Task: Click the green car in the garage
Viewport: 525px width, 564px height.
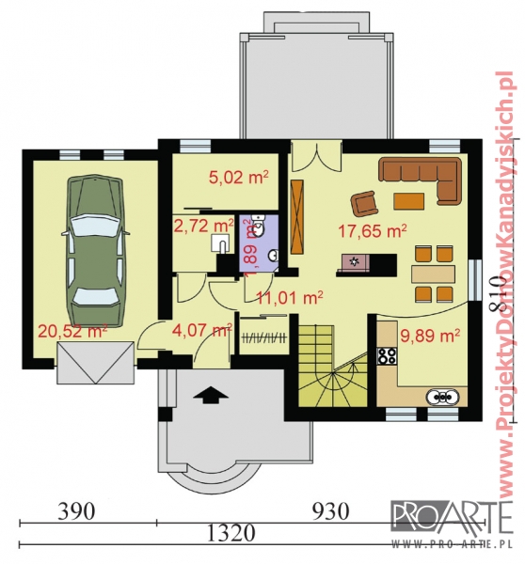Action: (95, 251)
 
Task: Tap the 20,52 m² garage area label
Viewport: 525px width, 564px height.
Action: (72, 331)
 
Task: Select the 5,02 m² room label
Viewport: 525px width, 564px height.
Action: (239, 178)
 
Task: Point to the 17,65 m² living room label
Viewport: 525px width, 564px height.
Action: (373, 230)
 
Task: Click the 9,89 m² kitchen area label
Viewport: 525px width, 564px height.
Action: (430, 336)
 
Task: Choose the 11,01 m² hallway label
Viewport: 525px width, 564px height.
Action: (289, 297)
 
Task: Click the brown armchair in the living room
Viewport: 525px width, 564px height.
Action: (364, 204)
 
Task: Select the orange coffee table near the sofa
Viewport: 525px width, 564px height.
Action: (408, 201)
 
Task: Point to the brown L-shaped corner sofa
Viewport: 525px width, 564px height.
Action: (422, 180)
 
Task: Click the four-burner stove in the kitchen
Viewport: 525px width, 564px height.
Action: (387, 355)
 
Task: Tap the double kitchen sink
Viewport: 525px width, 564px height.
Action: (442, 397)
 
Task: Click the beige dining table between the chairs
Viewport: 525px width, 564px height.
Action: (433, 274)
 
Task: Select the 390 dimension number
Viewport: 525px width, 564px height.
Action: (77, 510)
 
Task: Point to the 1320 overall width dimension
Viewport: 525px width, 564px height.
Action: (231, 533)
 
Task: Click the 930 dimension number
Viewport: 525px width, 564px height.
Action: (330, 510)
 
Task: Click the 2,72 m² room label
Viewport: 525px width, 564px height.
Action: (203, 226)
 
